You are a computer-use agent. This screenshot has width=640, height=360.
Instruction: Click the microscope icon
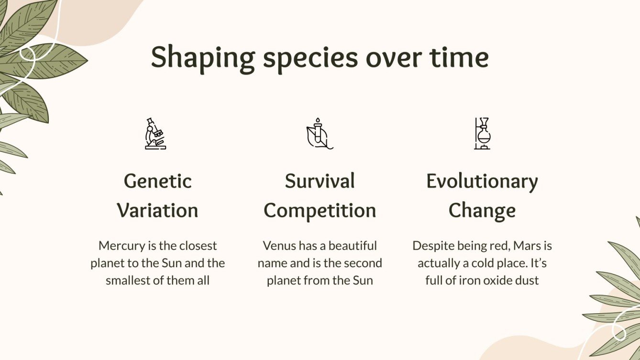click(155, 134)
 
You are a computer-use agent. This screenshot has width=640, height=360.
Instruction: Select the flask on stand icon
click(482, 134)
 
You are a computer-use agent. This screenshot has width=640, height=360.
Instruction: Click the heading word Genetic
click(158, 181)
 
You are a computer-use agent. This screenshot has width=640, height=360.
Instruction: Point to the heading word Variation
click(158, 210)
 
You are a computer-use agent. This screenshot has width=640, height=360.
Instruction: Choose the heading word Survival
click(320, 181)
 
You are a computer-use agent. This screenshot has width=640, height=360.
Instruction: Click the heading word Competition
click(320, 210)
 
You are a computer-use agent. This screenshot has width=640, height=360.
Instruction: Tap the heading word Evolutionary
click(482, 181)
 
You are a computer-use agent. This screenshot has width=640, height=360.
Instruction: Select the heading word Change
click(482, 210)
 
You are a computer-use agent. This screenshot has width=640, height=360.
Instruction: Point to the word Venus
click(279, 246)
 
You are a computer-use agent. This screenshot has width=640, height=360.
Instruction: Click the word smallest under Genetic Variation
click(128, 280)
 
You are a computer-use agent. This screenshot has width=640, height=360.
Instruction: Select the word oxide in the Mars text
click(499, 280)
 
